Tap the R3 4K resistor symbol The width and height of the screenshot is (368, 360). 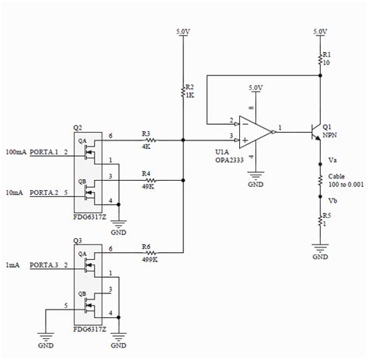(x=148, y=140)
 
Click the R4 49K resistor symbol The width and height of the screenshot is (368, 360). (x=148, y=182)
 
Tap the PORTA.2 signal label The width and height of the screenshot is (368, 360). (x=45, y=192)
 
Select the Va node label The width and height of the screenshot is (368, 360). (x=333, y=161)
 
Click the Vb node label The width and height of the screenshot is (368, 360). (x=333, y=200)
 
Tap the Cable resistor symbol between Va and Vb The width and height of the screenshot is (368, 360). (x=320, y=180)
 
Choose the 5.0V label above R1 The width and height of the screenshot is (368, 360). (x=320, y=32)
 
